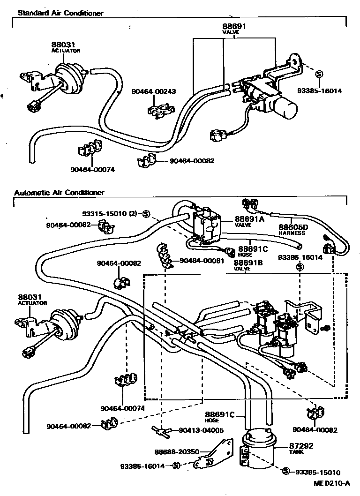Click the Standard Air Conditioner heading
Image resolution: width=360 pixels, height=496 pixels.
[x=60, y=13]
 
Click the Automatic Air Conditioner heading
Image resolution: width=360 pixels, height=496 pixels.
[x=59, y=192]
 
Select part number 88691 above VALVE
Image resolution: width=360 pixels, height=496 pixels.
[x=234, y=28]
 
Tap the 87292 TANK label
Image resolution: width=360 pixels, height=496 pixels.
[x=300, y=446]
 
